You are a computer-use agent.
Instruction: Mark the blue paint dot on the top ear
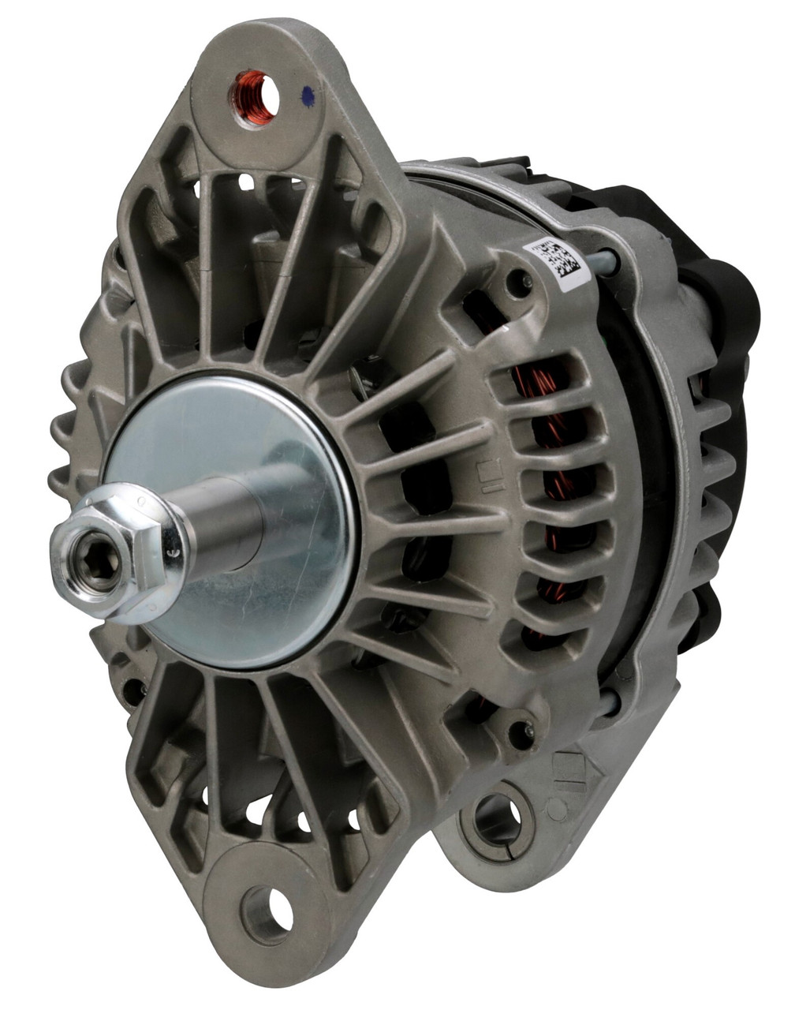coord(308,95)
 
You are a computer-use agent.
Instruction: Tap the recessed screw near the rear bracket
coord(521,733)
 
